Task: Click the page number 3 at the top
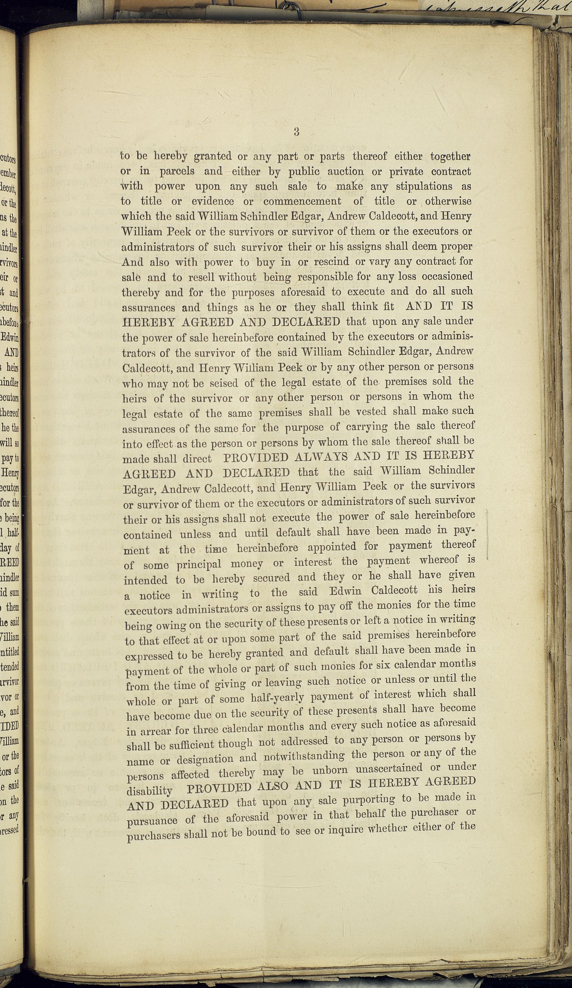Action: (296, 132)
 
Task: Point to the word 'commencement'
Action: (302, 201)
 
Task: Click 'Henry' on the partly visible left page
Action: (11, 474)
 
